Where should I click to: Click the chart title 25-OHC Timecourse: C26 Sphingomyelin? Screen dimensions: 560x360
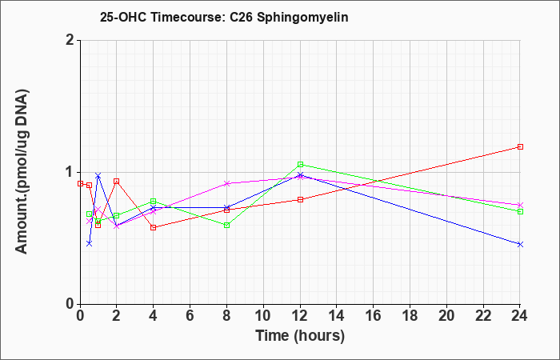click(224, 17)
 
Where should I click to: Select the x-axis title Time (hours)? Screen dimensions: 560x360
click(300, 336)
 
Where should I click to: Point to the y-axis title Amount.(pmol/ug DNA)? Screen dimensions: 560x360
click(22, 172)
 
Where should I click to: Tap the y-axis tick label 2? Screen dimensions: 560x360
click(70, 40)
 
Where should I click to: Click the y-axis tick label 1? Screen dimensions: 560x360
click(70, 172)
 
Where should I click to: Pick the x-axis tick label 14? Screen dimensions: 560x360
click(337, 315)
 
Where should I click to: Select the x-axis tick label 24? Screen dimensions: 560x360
click(520, 315)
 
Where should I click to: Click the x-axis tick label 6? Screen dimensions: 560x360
click(190, 315)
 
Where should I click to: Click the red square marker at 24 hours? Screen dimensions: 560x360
click(520, 146)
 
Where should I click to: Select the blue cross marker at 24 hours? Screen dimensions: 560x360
click(520, 244)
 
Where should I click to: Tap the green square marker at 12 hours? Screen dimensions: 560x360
click(300, 164)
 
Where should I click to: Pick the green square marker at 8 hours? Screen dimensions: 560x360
click(226, 226)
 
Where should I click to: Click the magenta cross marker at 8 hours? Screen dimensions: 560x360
click(226, 183)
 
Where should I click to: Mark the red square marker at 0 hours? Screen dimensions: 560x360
click(80, 183)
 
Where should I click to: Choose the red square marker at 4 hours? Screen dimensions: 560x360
click(154, 227)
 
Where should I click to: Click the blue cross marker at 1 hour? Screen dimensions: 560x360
click(98, 175)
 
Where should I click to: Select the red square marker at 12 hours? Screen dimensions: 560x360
click(300, 199)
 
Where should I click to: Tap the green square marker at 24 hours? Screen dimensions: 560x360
click(520, 211)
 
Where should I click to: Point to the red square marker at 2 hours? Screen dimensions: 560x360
click(117, 182)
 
